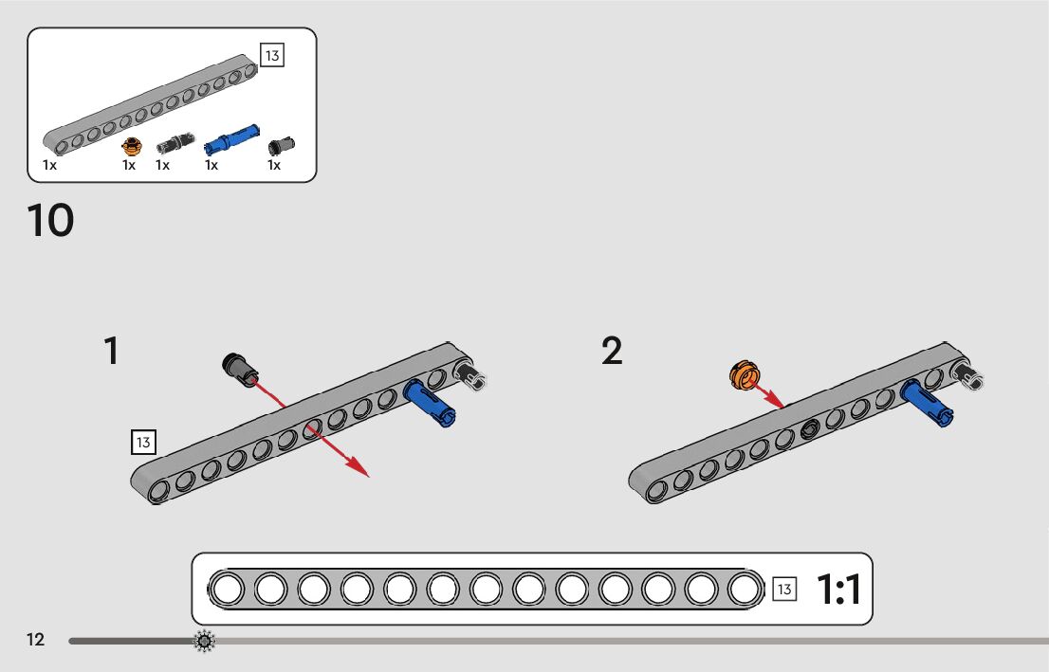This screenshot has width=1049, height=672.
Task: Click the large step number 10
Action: tap(51, 221)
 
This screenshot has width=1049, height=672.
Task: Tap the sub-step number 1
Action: tap(112, 352)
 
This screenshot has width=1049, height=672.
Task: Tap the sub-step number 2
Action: tap(613, 352)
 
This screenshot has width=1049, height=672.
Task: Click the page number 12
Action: tap(35, 640)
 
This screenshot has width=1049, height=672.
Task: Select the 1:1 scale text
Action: tap(838, 590)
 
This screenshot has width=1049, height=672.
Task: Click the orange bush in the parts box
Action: tap(132, 146)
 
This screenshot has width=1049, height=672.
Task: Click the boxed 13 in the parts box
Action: tap(272, 55)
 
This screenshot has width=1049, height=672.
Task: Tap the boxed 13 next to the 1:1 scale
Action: tap(784, 590)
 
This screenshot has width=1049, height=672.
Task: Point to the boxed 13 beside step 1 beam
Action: tap(143, 442)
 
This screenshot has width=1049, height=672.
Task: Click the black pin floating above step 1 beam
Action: tap(240, 368)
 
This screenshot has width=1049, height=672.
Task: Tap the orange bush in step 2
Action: tap(745, 376)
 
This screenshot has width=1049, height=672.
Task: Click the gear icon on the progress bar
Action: tap(204, 642)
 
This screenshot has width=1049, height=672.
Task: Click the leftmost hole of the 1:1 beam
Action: tap(228, 590)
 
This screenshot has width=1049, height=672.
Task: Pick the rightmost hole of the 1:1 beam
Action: tap(745, 590)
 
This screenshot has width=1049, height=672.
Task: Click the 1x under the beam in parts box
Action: tap(49, 165)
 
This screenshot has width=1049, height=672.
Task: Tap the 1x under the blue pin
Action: tap(212, 165)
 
